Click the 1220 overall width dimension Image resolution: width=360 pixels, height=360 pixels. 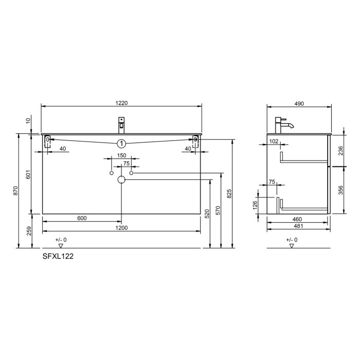[x=121, y=103]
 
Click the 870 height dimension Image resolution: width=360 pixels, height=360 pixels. [x=16, y=191]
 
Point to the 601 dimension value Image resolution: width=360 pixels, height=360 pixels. [x=28, y=175]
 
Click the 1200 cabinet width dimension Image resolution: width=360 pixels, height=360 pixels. [x=121, y=227]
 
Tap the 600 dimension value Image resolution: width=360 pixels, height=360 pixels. [x=81, y=218]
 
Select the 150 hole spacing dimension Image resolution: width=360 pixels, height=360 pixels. [x=121, y=155]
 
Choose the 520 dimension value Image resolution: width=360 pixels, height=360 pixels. [x=208, y=213]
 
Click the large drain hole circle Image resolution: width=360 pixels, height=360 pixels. [x=121, y=180]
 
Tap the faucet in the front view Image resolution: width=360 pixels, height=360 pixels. [x=122, y=124]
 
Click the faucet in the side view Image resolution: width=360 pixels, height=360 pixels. [x=282, y=123]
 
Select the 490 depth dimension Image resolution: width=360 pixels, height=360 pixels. [x=299, y=103]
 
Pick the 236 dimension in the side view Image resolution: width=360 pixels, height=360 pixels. [x=340, y=150]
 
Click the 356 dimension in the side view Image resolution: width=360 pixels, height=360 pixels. [x=340, y=190]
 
